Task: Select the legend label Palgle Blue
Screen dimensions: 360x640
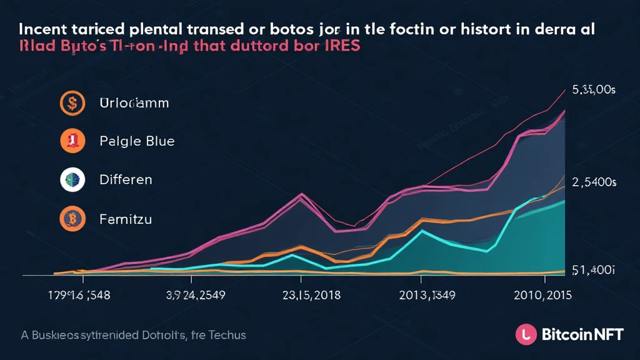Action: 137,141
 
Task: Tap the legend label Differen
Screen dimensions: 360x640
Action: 126,179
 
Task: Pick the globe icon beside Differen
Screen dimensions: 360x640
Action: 72,179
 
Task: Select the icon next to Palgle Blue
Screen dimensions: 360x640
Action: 72,141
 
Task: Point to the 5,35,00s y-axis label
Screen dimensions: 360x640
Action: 594,90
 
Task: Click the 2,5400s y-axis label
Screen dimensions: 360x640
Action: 594,182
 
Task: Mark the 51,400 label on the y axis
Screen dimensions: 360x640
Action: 594,270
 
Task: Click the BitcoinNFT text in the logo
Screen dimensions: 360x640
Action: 582,334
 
